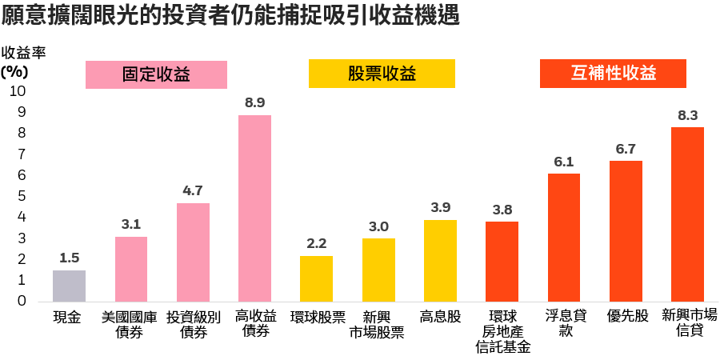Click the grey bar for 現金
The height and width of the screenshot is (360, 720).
[69, 286]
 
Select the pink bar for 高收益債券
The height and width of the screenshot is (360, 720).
[254, 208]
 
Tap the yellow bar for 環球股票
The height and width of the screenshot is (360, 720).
[316, 278]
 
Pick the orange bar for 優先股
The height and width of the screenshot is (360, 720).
[626, 230]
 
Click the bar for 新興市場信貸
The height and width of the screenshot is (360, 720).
[687, 214]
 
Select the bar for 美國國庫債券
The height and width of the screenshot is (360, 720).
[130, 269]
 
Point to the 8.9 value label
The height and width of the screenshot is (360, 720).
[254, 102]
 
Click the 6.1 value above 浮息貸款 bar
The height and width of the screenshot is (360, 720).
[563, 162]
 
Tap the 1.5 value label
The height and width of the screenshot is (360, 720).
[69, 258]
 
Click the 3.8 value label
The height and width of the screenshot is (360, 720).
[502, 210]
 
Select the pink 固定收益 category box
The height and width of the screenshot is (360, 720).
[156, 74]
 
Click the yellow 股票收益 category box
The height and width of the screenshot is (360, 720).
[382, 74]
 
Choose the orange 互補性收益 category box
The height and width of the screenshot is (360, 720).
[614, 74]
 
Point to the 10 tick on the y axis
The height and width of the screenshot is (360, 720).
[17, 91]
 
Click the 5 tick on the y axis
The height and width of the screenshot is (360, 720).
[21, 196]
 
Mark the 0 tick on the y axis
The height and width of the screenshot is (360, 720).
[21, 301]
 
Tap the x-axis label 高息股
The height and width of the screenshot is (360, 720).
[440, 318]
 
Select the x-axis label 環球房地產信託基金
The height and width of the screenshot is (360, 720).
[502, 332]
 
